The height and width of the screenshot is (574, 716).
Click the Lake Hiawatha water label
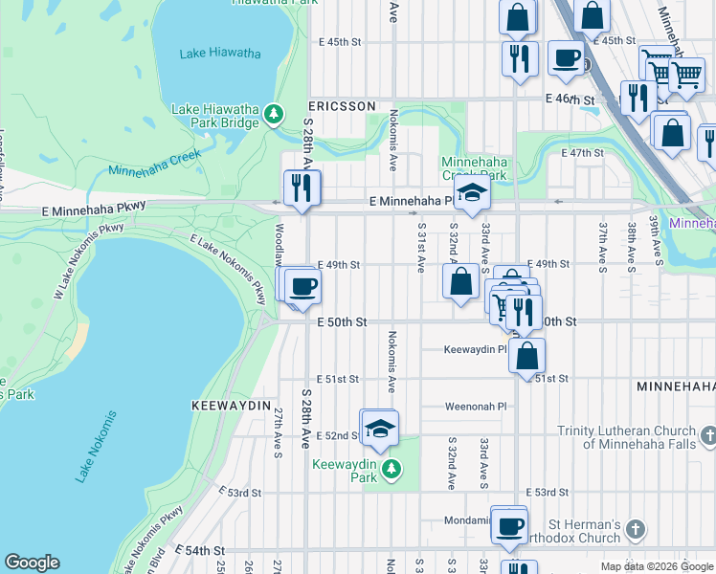[x=219, y=54]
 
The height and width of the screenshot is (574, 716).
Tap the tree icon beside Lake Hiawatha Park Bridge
[x=275, y=115]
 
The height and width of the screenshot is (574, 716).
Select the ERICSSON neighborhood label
[x=341, y=106]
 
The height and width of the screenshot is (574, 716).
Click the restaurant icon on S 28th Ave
[x=302, y=188]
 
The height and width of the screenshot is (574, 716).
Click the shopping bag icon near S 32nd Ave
[x=460, y=281]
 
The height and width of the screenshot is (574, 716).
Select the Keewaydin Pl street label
[x=475, y=349]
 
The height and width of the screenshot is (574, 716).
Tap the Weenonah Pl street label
[x=475, y=406]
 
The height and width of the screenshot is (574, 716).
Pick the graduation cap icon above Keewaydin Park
[x=380, y=430]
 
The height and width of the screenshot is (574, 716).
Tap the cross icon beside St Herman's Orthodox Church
[x=638, y=529]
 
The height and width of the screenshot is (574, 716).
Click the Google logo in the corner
[x=32, y=563]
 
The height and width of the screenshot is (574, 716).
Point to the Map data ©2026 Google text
[x=656, y=566]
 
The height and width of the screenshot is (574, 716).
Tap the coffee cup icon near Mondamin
[x=510, y=525]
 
